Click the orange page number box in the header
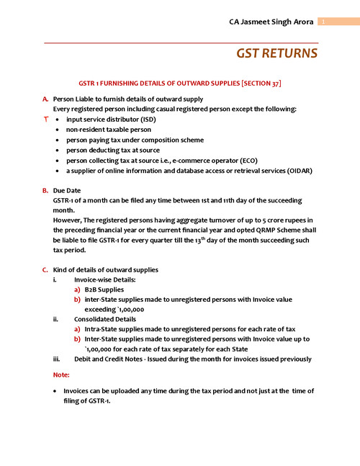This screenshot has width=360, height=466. click(x=324, y=22)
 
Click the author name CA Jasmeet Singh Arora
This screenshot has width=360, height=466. click(x=268, y=22)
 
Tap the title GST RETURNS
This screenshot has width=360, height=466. click(x=277, y=54)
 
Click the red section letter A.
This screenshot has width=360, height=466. click(x=45, y=99)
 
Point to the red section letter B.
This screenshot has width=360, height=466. click(x=45, y=190)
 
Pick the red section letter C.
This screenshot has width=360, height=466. click(x=45, y=270)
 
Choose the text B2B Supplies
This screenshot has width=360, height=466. click(x=104, y=290)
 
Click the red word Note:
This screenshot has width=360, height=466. click(x=61, y=375)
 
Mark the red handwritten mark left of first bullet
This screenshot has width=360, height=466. click(x=45, y=118)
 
